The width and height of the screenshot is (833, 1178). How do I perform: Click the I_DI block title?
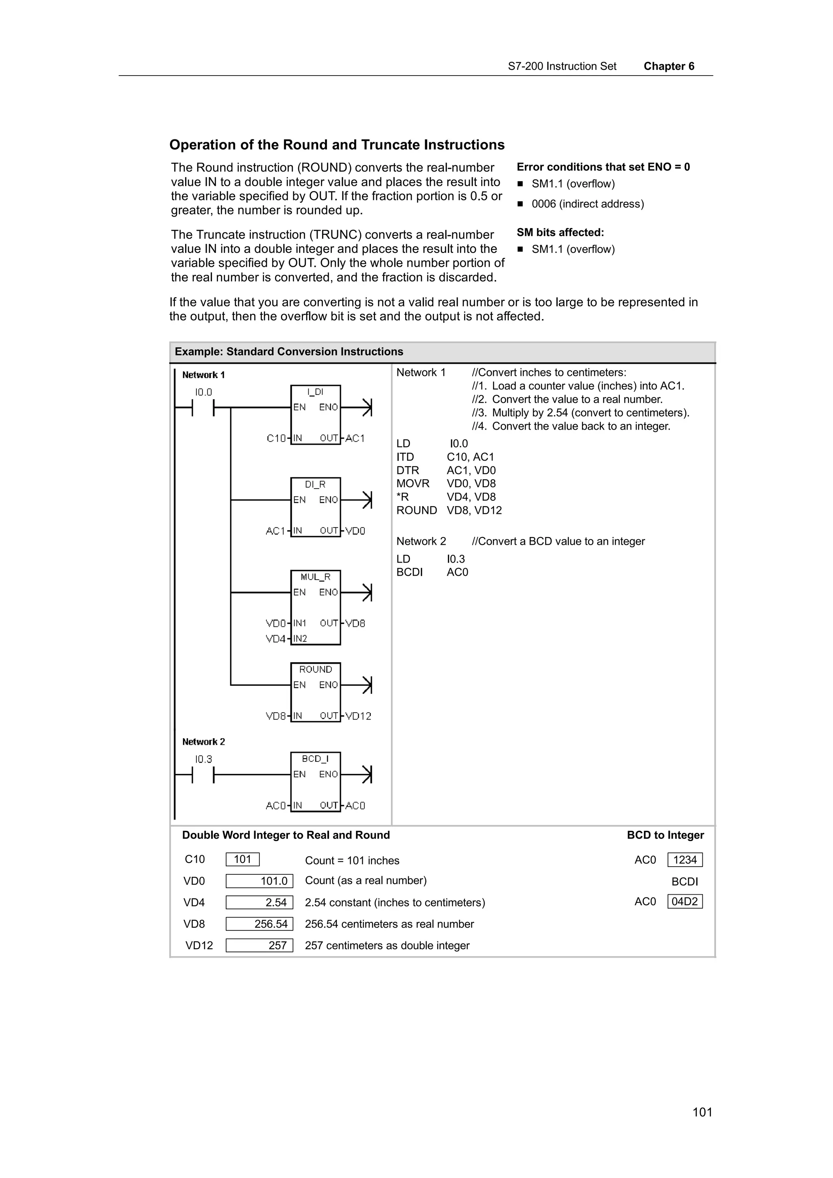(315, 392)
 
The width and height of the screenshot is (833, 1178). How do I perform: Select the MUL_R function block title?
(315, 577)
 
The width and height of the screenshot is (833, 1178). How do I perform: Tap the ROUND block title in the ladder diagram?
(315, 669)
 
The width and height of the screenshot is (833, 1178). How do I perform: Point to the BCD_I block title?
(315, 759)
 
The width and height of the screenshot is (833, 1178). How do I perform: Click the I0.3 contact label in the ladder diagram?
(203, 759)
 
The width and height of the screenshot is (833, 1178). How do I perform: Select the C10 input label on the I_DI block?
(276, 438)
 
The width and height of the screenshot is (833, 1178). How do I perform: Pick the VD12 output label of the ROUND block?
(358, 716)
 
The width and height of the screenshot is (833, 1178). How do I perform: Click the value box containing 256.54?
(259, 924)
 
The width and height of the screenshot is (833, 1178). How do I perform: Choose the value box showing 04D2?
(685, 902)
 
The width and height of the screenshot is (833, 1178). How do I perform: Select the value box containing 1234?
(685, 860)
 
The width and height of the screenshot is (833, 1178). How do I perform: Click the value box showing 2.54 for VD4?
(259, 902)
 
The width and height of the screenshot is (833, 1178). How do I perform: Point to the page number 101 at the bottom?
(702, 1112)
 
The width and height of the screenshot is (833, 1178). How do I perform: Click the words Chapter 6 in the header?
(669, 66)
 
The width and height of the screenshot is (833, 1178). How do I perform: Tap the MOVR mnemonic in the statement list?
(413, 483)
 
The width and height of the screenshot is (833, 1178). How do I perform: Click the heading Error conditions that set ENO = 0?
(603, 167)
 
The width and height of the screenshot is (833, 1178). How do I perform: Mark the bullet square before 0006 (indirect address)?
(520, 204)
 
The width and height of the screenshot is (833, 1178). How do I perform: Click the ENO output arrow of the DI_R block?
(366, 500)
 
